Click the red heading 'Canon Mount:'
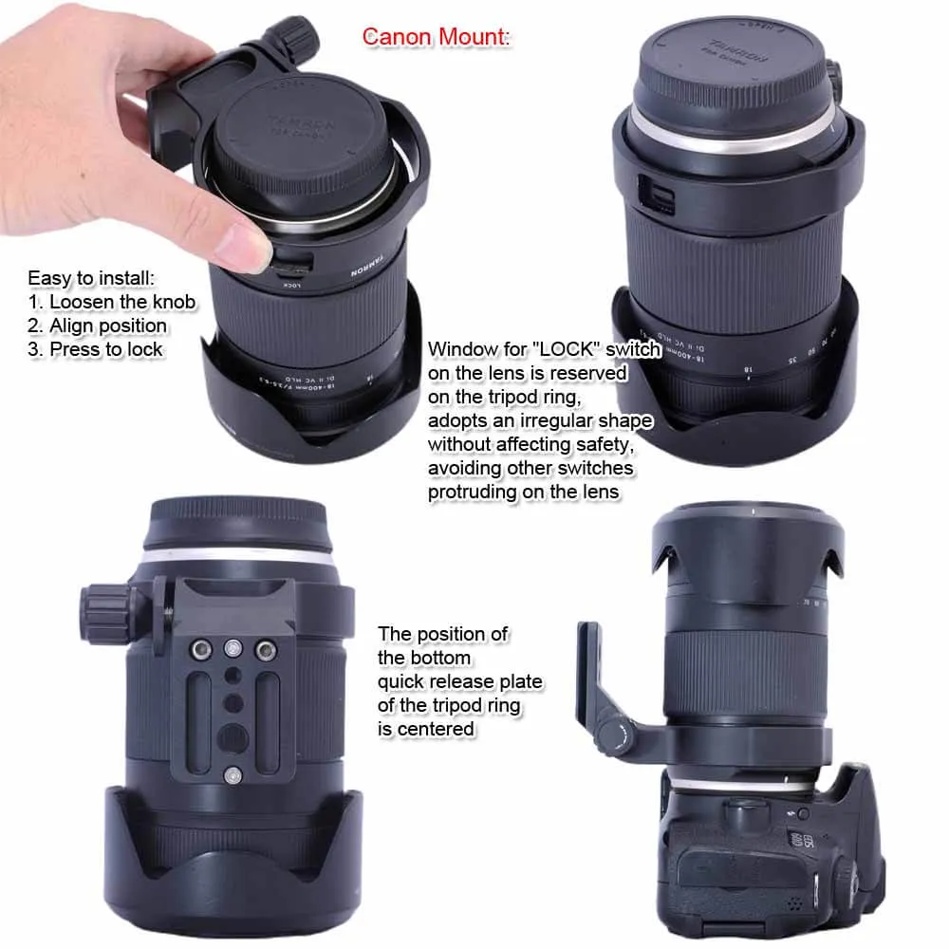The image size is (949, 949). tap(436, 37)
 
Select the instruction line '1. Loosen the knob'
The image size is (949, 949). tap(111, 302)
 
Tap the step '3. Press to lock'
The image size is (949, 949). tap(95, 349)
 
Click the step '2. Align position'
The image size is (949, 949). tap(97, 326)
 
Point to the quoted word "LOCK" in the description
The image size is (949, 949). tap(532, 349)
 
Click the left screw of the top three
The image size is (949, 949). tap(201, 649)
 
